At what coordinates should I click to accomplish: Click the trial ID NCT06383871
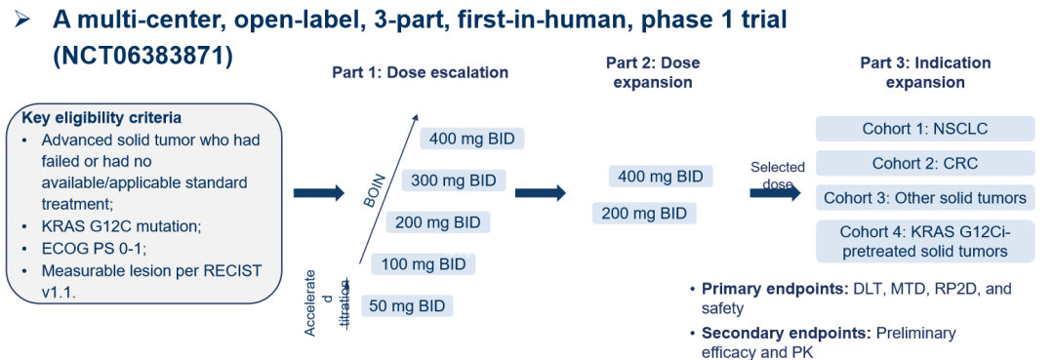(x=142, y=57)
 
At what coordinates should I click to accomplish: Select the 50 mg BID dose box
(x=407, y=306)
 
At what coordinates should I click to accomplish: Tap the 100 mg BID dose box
(x=424, y=264)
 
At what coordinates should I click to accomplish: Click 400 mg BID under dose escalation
(x=472, y=140)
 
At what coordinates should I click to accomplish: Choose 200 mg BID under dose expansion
(x=644, y=214)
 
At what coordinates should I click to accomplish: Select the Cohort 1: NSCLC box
(x=925, y=128)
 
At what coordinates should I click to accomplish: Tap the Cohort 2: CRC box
(x=925, y=163)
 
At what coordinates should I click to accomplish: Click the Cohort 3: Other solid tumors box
(x=925, y=198)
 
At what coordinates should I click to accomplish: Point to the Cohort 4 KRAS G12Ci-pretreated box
(x=925, y=241)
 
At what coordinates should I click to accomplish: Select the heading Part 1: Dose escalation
(x=420, y=72)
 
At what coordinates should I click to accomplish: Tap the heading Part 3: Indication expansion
(x=925, y=72)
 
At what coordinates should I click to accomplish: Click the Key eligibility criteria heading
(x=101, y=118)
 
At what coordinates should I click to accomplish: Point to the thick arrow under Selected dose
(x=775, y=193)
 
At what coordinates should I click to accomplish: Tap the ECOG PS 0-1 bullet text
(x=93, y=249)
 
